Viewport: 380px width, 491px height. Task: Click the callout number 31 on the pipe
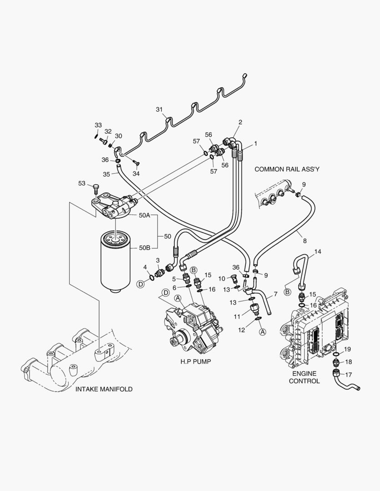coord(159,109)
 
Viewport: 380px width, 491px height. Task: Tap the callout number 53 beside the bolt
coord(81,183)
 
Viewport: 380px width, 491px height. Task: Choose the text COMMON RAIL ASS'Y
coord(287,169)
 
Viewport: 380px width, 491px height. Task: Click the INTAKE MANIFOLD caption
coord(104,389)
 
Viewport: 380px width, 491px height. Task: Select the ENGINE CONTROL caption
coord(304,376)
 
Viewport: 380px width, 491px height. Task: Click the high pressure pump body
coord(193,325)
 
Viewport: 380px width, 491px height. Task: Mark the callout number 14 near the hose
coord(318,251)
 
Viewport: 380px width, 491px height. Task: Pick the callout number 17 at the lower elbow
coord(348,375)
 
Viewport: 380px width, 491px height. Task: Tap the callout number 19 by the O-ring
coord(347,349)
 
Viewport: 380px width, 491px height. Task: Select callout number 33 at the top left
coord(98,125)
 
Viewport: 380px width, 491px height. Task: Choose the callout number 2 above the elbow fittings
coord(240,122)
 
